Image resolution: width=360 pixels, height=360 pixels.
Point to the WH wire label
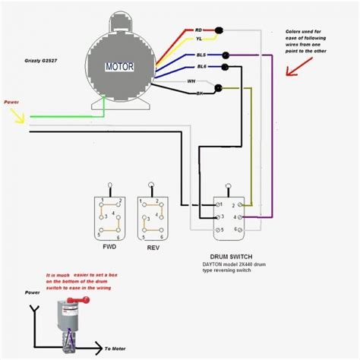(191, 81)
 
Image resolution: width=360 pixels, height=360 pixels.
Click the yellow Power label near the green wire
(11, 101)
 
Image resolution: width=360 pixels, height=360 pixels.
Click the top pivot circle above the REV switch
(152, 185)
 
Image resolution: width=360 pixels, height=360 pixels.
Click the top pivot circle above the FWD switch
(110, 185)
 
